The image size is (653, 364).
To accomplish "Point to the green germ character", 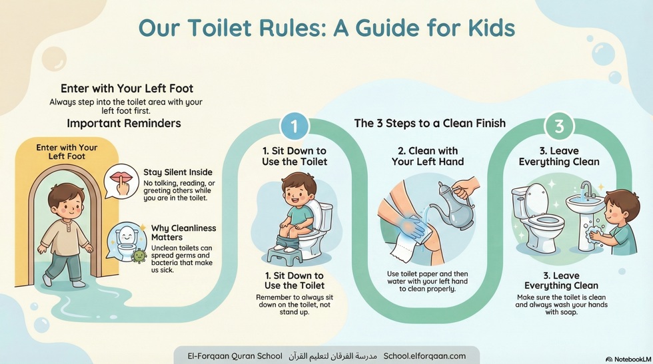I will click(139, 255).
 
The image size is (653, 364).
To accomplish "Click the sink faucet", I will click(586, 192).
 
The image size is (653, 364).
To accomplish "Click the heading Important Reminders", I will click(123, 123).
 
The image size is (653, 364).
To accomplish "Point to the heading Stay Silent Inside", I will click(178, 172).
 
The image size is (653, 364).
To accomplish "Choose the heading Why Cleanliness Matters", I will click(183, 234).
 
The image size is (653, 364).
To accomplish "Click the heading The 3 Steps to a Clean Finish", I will click(430, 123).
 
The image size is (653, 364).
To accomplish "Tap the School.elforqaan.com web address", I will click(424, 356).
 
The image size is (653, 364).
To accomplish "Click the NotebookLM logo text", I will click(631, 359).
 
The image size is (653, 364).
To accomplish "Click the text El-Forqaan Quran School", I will click(235, 356).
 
